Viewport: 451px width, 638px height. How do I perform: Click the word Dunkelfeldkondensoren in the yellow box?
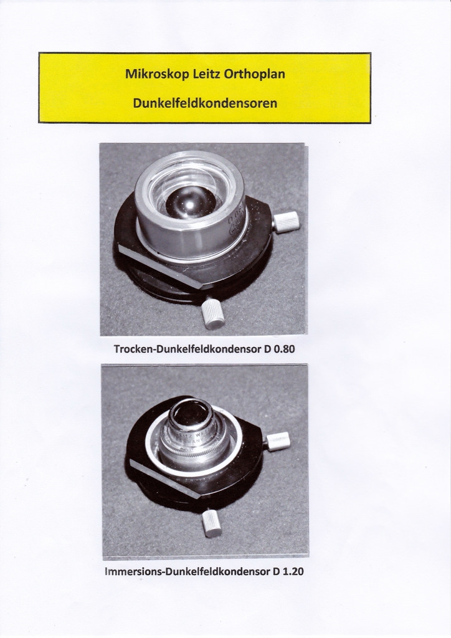click(x=205, y=103)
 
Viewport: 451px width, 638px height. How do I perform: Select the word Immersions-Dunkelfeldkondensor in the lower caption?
click(x=187, y=571)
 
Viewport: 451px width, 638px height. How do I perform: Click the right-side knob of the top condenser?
click(x=287, y=222)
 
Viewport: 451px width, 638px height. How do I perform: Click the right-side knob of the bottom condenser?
click(x=278, y=440)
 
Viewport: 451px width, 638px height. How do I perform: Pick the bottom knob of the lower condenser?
click(x=212, y=523)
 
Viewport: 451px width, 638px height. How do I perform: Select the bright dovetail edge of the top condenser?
click(x=161, y=267)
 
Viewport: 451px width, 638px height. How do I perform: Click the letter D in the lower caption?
click(x=276, y=571)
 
